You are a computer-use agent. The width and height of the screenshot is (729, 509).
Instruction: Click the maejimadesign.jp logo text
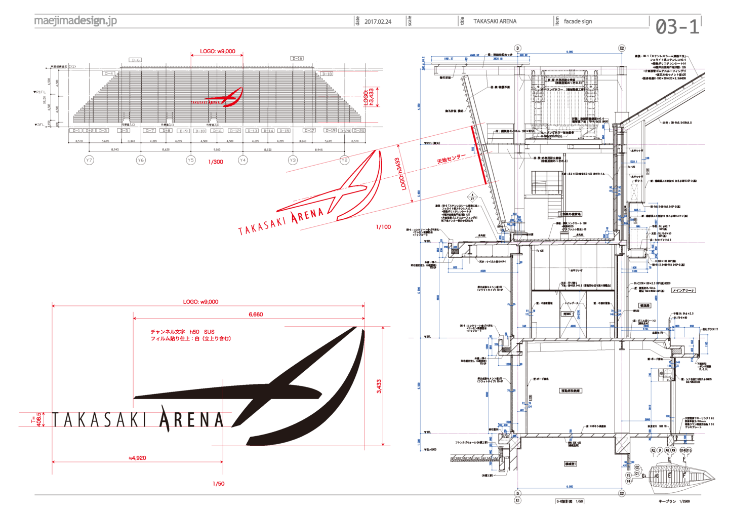(75, 21)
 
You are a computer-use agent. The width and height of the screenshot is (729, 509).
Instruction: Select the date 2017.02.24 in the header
(378, 22)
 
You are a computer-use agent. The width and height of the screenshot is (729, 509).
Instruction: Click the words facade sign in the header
(578, 21)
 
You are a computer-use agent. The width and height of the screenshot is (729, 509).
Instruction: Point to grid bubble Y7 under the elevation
(89, 160)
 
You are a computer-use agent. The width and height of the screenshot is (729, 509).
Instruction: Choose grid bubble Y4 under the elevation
(242, 160)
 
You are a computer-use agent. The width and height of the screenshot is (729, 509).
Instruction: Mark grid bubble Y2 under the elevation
(344, 160)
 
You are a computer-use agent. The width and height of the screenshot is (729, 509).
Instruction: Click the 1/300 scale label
(216, 162)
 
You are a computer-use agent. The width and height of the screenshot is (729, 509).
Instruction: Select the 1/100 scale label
(383, 227)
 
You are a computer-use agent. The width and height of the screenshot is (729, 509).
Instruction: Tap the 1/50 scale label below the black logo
(218, 484)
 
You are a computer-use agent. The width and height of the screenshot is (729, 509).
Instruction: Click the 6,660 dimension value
(256, 315)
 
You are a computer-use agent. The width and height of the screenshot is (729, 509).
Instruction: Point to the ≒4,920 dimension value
(137, 458)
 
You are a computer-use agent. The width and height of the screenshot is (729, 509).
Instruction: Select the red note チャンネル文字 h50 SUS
(182, 332)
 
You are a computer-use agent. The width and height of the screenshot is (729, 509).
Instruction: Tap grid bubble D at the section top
(517, 49)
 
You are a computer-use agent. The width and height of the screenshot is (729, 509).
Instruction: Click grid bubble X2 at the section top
(622, 49)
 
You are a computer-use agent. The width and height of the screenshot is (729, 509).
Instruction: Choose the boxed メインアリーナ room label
(683, 291)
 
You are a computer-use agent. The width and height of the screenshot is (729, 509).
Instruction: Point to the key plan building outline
(681, 476)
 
